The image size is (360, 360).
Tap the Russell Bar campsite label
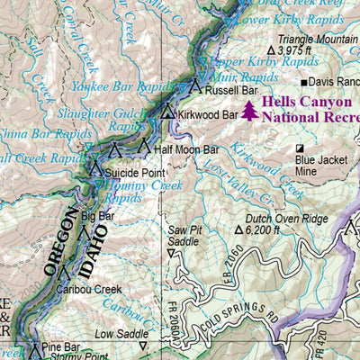pos(231,90)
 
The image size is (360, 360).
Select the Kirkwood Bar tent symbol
pos(168,112)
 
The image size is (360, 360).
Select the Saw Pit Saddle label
pos(184,236)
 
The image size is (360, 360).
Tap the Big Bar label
pos(97,216)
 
